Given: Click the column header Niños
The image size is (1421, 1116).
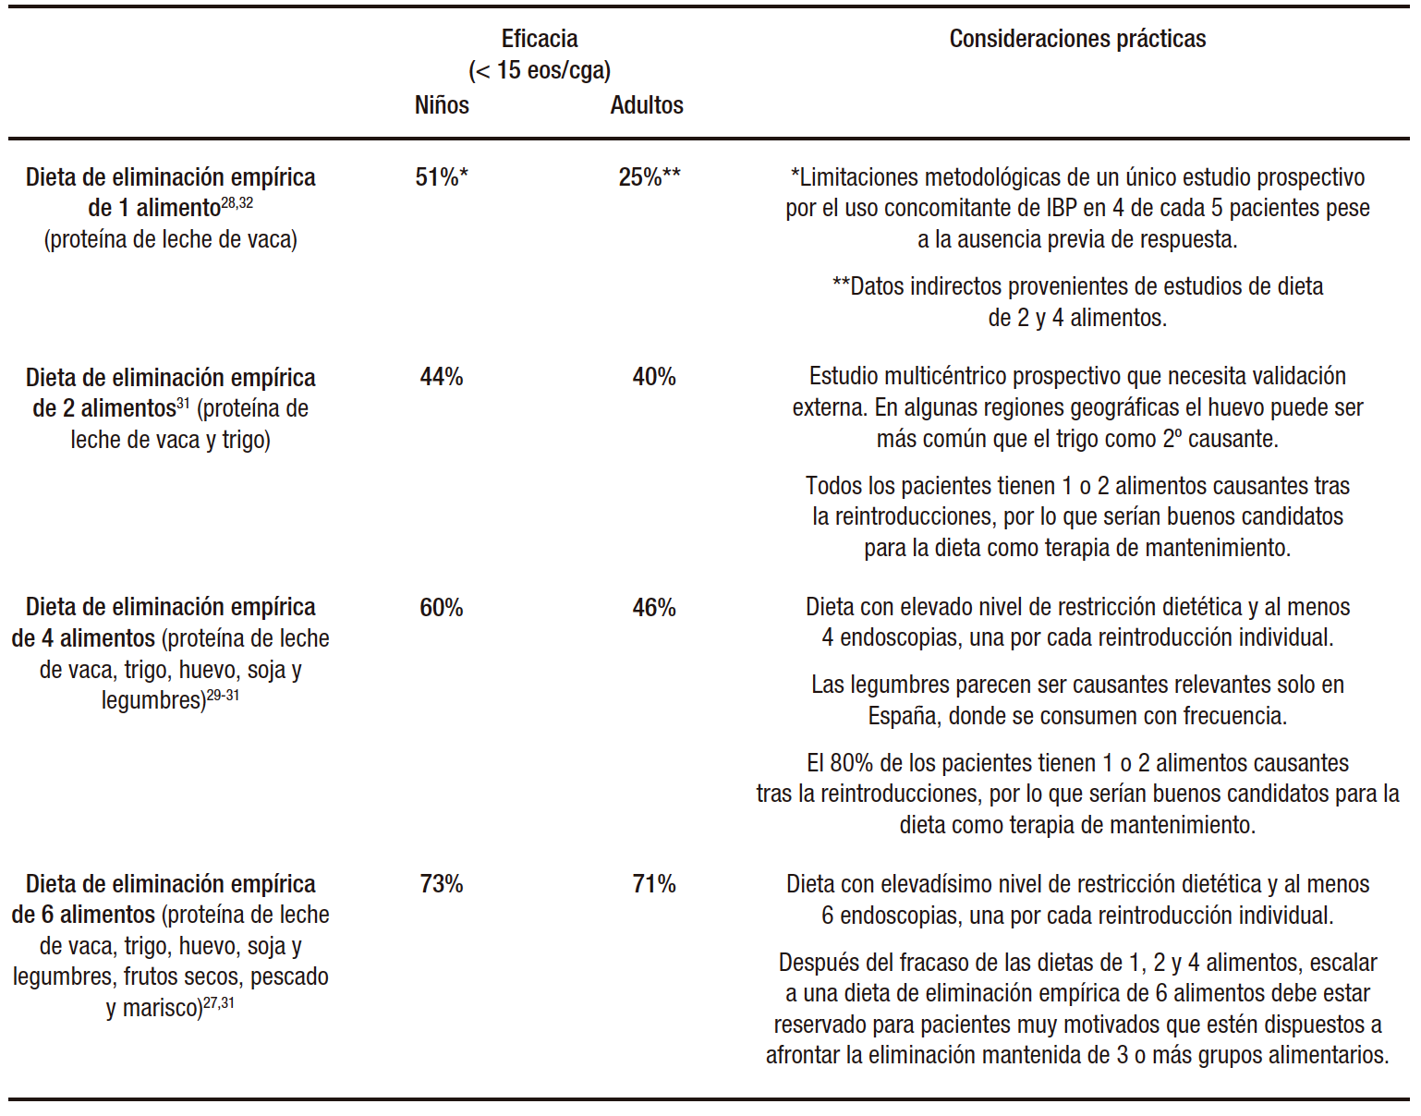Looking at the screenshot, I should pyautogui.click(x=442, y=105).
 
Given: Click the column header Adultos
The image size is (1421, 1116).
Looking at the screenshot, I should pyautogui.click(x=647, y=105).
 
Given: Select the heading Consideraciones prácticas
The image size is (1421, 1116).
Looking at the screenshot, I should pyautogui.click(x=1077, y=39).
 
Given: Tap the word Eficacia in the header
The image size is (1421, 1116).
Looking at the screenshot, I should pyautogui.click(x=540, y=39).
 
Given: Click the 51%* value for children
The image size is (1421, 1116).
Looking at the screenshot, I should pyautogui.click(x=442, y=177).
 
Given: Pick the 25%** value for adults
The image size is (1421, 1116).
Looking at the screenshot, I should pyautogui.click(x=650, y=177).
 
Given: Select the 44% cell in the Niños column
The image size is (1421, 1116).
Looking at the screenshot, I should pyautogui.click(x=442, y=377).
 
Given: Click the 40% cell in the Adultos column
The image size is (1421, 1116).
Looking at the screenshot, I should pyautogui.click(x=654, y=377).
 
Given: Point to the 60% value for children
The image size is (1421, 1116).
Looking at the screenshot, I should pyautogui.click(x=442, y=608).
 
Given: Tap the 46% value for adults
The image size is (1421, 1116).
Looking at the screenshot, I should pyautogui.click(x=654, y=608).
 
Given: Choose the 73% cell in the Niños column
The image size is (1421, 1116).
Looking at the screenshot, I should pyautogui.click(x=442, y=884).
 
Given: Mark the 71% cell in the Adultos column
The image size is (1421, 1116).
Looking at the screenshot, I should pyautogui.click(x=654, y=884).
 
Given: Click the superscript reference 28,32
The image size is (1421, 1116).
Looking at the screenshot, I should pyautogui.click(x=237, y=203).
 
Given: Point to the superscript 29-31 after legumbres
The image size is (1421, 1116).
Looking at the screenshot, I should pyautogui.click(x=223, y=696).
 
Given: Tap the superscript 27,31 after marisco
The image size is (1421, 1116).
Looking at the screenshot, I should pyautogui.click(x=219, y=1002).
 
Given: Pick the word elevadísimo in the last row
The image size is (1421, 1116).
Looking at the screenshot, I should pyautogui.click(x=945, y=884).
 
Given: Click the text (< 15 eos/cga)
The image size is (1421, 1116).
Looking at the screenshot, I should pyautogui.click(x=540, y=70).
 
